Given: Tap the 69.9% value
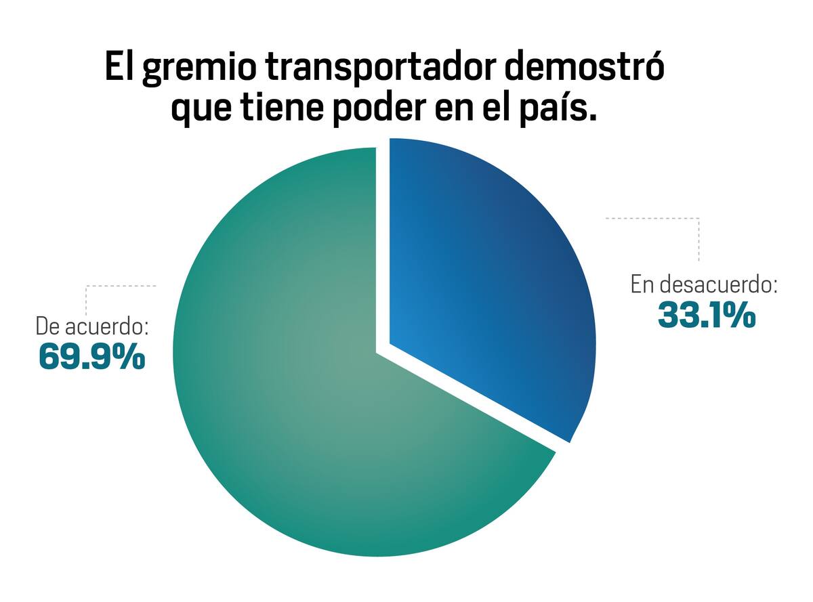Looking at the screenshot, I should pyautogui.click(x=91, y=356).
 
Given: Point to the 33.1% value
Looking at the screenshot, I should pyautogui.click(x=707, y=315).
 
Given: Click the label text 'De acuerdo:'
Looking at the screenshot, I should pyautogui.click(x=92, y=326).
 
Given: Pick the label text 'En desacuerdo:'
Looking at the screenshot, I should pyautogui.click(x=703, y=284).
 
